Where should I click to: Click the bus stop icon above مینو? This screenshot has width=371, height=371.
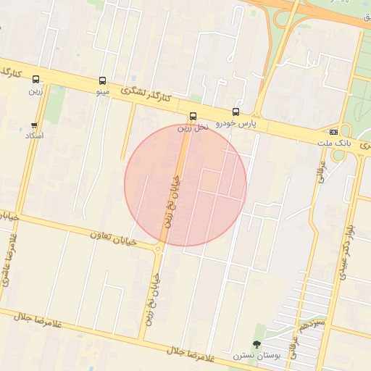point(102,81)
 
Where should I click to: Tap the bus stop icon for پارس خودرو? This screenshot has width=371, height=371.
point(235,112)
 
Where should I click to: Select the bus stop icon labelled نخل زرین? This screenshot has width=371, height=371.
point(193,116)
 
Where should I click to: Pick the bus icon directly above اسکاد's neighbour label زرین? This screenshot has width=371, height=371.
point(36,80)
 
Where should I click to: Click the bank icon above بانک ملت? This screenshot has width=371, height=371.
point(333,132)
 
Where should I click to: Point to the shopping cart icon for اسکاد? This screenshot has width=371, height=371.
point(34,125)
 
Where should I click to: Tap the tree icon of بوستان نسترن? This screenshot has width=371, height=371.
point(256,344)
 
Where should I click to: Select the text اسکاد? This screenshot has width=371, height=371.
point(35,136)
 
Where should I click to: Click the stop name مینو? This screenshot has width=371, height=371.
point(102,92)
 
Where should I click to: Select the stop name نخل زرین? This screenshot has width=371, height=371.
point(193,127)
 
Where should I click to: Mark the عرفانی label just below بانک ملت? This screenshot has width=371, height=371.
point(320,172)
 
